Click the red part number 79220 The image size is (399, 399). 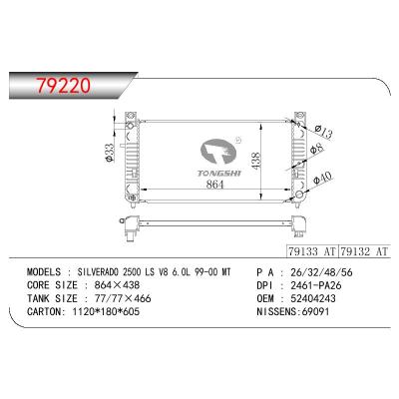pyautogui.click(x=63, y=86)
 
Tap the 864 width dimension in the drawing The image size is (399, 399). pyautogui.click(x=215, y=184)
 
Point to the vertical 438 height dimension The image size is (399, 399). pyautogui.click(x=256, y=162)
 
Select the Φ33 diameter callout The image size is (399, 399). pyautogui.click(x=110, y=153)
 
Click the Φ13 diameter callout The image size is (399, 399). pyautogui.click(x=323, y=132)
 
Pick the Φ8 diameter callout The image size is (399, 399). pyautogui.click(x=316, y=149)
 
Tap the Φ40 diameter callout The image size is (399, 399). pyautogui.click(x=322, y=179)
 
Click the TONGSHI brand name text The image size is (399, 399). pyautogui.click(x=219, y=174)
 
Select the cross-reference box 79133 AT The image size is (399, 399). pyautogui.click(x=312, y=251)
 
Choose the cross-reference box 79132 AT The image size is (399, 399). pyautogui.click(x=363, y=251)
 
